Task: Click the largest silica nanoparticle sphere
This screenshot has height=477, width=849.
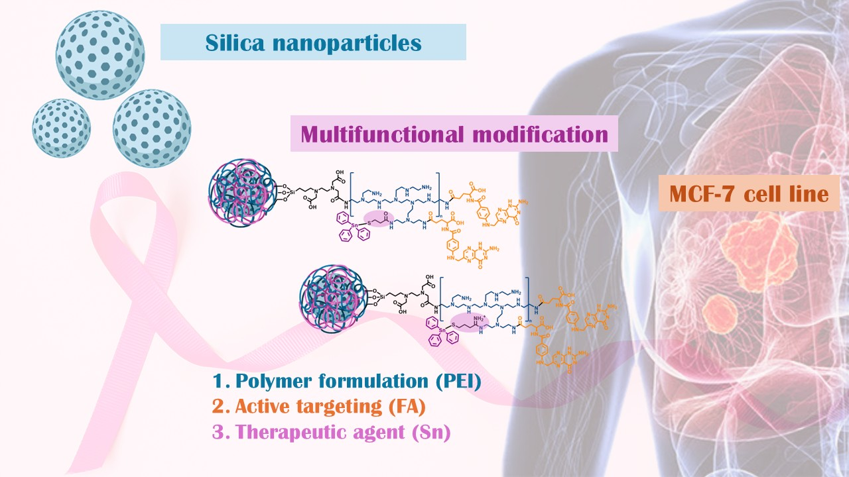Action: (100, 55)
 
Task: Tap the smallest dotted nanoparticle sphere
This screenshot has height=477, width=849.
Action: (62, 128)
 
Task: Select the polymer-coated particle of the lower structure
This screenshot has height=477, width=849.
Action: (329, 294)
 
